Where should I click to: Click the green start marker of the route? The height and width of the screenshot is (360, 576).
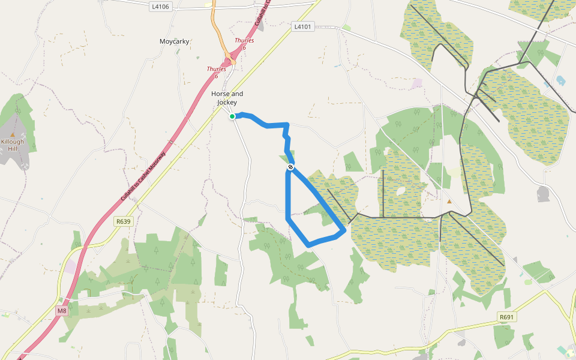232,116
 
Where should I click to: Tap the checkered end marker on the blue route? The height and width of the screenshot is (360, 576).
290,167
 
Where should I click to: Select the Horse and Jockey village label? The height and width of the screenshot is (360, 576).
227,98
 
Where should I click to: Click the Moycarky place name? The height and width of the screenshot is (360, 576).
175,41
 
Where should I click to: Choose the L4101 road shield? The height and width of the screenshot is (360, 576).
303,27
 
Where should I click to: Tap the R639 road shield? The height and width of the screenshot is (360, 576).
123,221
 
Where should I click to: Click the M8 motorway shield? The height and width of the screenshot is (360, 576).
62,311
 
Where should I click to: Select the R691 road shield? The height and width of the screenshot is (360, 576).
507,317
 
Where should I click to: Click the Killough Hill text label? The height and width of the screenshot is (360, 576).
13,145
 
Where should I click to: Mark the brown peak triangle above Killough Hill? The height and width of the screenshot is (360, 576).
13,135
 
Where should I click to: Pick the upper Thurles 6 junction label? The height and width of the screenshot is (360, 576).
244,43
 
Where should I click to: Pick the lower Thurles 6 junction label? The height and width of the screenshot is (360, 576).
216,72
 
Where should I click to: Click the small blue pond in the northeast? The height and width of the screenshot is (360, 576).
561,80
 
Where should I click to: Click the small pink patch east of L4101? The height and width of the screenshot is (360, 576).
417,83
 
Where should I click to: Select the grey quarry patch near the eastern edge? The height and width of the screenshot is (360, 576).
544,194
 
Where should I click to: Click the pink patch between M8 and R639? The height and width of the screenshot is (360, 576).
71,267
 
